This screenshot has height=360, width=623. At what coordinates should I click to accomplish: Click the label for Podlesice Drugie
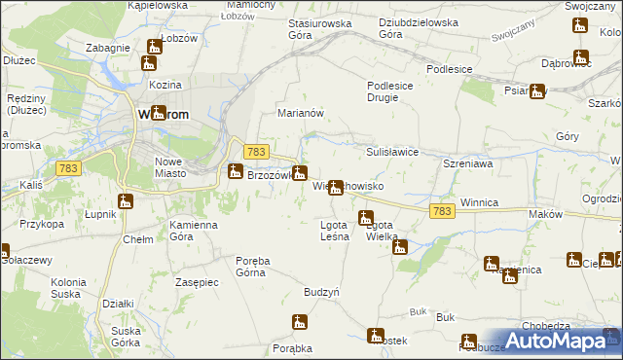(x=393, y=91)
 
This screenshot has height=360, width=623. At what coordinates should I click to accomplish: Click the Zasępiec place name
(x=197, y=280)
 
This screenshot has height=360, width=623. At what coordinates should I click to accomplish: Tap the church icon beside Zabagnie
(x=155, y=47)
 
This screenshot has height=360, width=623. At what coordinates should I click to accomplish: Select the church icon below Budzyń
(x=300, y=321)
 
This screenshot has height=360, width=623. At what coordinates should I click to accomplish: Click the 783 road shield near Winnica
(x=442, y=211)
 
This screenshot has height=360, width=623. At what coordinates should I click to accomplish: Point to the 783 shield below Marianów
(x=256, y=152)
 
